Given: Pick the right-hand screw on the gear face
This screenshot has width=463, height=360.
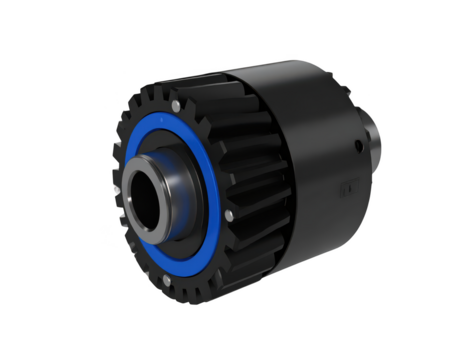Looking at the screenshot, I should pyautogui.click(x=229, y=214).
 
